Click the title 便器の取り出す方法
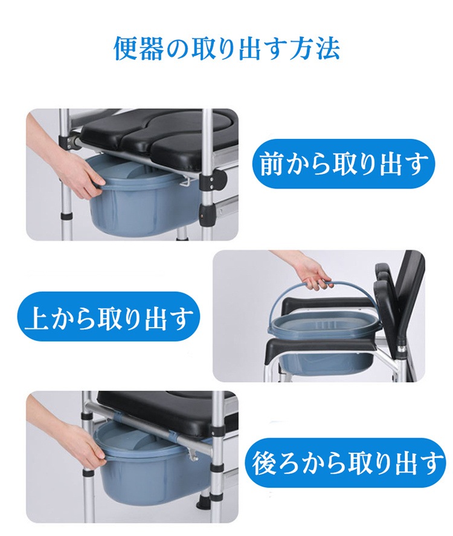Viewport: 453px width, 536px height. click(226, 49)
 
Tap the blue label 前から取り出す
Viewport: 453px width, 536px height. click(343, 164)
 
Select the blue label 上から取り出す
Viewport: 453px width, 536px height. click(108, 317)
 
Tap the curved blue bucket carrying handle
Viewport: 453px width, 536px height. click(301, 297)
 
